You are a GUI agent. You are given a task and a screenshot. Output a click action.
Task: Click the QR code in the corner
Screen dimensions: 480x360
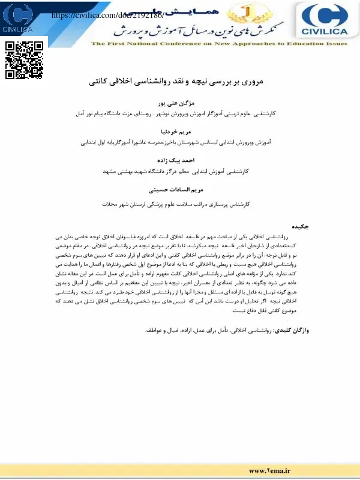(25, 60)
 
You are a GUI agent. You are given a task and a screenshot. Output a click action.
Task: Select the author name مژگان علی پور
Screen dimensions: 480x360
(180, 103)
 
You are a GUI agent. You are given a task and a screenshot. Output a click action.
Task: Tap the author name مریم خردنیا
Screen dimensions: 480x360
(180, 131)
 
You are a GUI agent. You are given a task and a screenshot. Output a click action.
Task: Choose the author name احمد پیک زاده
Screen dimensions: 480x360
(180, 160)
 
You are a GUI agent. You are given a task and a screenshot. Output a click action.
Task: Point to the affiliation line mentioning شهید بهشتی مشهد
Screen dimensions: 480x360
(180, 171)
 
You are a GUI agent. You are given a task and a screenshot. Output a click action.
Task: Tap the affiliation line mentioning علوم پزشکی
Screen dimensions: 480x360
(180, 204)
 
